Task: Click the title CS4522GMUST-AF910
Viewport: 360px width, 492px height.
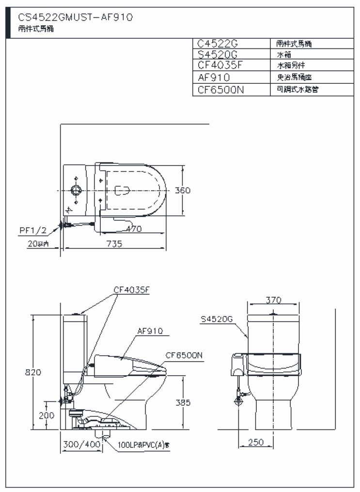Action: point(75,17)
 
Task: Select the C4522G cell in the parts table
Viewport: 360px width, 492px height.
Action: point(218,43)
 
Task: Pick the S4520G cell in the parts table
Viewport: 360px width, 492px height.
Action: point(218,54)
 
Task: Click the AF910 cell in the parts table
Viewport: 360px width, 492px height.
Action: point(214,77)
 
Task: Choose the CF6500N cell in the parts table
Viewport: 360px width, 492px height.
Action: point(221,89)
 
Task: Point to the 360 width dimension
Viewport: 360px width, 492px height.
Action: point(183,190)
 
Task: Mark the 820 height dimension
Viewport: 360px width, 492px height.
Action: point(33,372)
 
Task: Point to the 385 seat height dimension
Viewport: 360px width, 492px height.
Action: point(183,402)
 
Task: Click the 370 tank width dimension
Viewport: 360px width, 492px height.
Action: point(274,300)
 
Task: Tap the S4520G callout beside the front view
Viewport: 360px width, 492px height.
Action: point(217,318)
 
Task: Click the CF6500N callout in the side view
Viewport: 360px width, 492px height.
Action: point(184,355)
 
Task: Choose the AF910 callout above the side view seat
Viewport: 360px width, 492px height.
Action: point(150,331)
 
